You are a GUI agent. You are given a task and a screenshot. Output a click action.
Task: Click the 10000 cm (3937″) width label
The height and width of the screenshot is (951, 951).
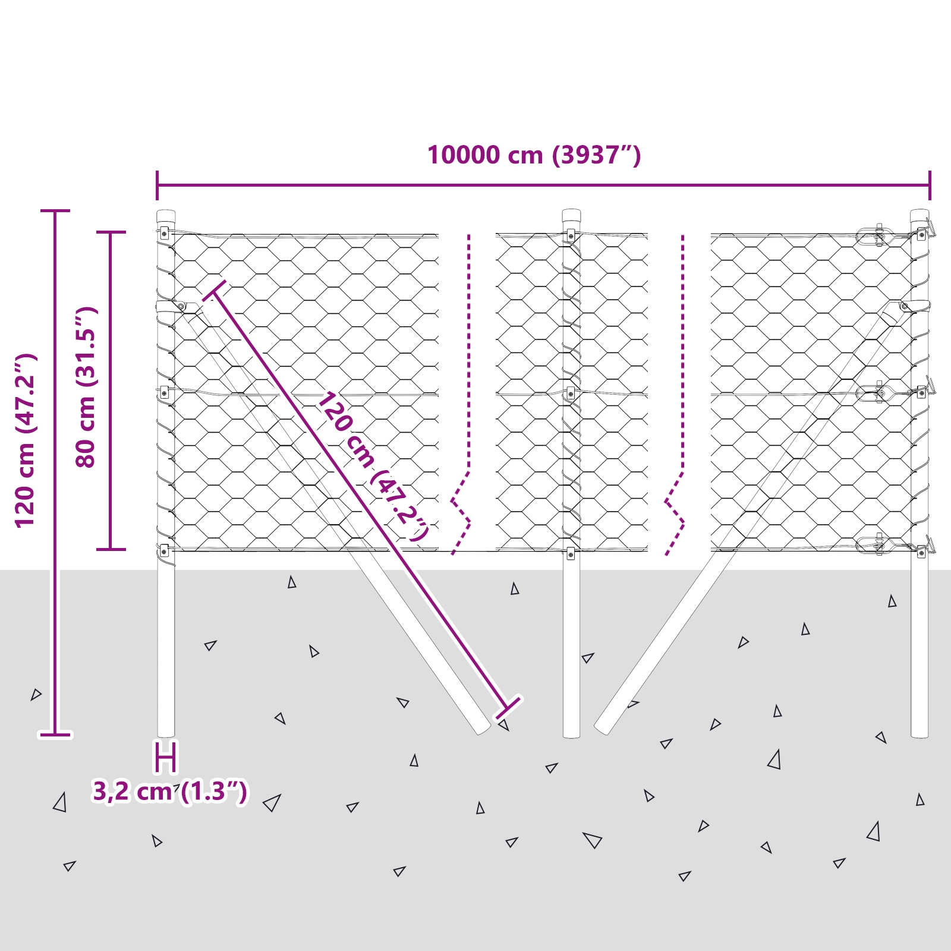click(534, 155)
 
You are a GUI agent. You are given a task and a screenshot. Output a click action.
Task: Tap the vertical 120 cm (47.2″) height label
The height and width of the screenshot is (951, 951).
click(26, 440)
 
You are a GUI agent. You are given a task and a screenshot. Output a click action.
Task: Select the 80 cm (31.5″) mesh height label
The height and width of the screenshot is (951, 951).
click(86, 388)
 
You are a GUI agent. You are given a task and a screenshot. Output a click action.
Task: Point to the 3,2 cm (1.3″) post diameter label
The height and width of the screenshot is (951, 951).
click(169, 792)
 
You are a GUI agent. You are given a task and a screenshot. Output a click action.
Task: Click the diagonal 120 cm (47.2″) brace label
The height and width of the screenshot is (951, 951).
click(373, 465)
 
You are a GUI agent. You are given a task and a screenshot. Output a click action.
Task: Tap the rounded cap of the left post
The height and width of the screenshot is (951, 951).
click(166, 216)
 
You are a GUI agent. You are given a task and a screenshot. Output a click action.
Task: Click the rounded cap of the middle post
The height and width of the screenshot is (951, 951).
click(571, 216)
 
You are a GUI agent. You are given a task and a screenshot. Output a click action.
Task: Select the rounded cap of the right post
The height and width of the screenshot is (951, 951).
click(919, 216)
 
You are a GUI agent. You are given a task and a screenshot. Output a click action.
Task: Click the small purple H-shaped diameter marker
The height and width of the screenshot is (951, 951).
click(166, 757)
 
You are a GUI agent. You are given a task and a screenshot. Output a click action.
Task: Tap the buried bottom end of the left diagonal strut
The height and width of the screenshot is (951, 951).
click(483, 729)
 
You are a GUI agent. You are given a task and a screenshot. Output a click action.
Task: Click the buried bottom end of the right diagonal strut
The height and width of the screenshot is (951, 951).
click(602, 729)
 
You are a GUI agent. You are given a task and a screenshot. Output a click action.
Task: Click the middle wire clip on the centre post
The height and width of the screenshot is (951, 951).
click(571, 393)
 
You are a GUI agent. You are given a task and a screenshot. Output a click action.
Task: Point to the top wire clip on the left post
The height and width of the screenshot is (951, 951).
click(164, 234)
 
